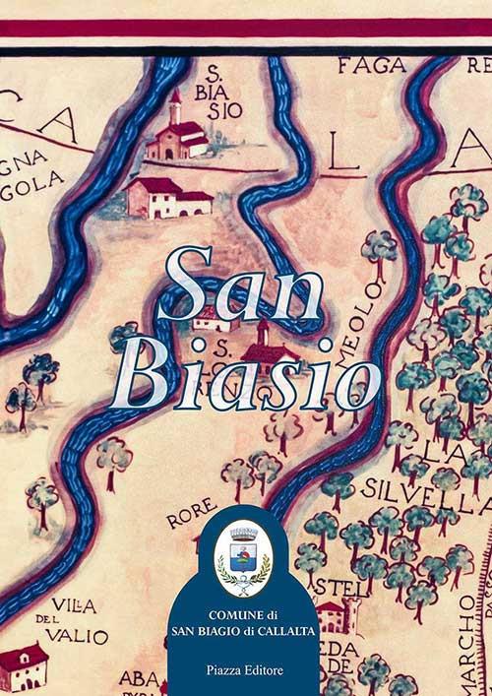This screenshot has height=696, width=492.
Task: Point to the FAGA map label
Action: [372, 66]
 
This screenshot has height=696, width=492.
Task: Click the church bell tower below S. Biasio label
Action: [175, 108]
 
